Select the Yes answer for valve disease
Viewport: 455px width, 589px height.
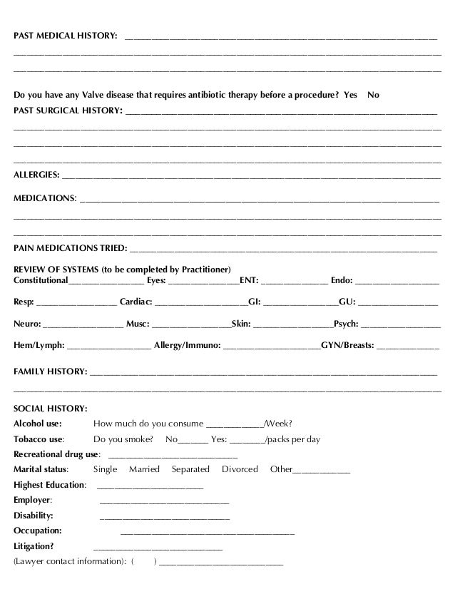click(x=350, y=95)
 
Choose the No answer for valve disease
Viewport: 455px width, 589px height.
click(x=373, y=95)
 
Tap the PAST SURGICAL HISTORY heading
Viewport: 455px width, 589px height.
click(x=68, y=111)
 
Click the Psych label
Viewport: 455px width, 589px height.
click(x=346, y=323)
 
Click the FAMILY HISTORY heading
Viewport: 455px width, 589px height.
click(x=51, y=372)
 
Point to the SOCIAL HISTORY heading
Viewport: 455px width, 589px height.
click(x=51, y=409)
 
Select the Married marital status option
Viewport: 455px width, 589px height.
click(x=144, y=469)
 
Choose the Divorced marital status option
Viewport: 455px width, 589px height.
click(x=240, y=469)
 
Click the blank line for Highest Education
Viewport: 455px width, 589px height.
click(x=149, y=486)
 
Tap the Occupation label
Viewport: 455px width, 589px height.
click(x=37, y=531)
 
